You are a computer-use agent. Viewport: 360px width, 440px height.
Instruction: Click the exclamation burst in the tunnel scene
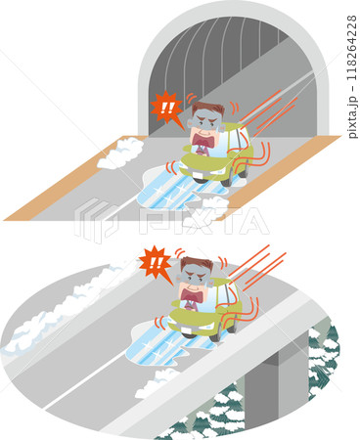point(166,109)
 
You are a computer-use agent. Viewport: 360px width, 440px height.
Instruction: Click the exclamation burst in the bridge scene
point(156,263)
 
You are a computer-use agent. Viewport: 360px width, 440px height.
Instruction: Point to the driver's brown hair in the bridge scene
point(197,264)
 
